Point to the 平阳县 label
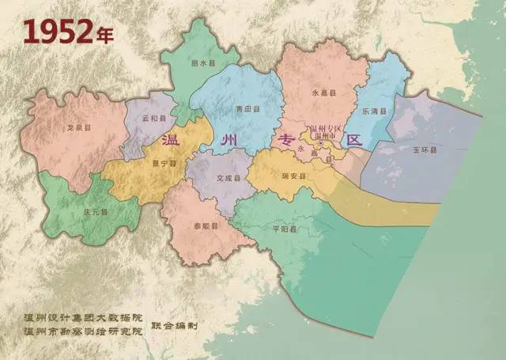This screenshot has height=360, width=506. pos(283,229)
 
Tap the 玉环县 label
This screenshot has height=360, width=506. pos(425,149)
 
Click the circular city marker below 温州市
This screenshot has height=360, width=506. pos(320,143)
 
